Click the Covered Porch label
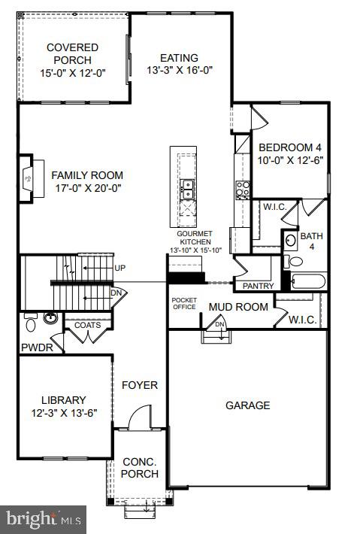point(72,53)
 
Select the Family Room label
point(86,174)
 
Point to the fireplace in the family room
point(28,179)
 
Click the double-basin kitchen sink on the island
point(186,188)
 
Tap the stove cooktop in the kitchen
point(242,188)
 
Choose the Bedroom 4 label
point(289,147)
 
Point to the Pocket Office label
point(183,302)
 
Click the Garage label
point(247,405)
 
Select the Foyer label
point(140,385)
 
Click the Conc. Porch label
point(140,468)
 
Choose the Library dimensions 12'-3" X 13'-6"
point(64,413)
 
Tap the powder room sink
point(50,319)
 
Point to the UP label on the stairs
point(119,267)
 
